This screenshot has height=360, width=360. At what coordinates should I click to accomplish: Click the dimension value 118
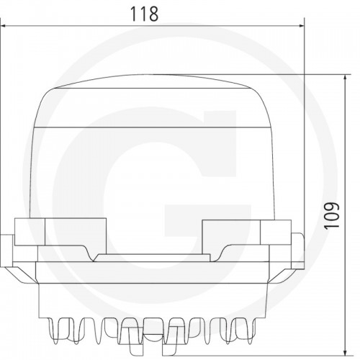coord(144,14)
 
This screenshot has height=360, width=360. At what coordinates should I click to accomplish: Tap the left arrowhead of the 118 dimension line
coord(3,26)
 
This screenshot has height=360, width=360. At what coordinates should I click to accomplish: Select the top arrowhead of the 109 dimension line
coord(345,78)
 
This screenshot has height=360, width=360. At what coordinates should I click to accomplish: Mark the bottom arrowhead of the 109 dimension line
coord(345,351)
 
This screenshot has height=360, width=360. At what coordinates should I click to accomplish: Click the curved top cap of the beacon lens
coord(153,81)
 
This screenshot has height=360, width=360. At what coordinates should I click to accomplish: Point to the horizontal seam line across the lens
coord(153,127)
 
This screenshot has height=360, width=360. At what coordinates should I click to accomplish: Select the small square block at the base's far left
coord(30,232)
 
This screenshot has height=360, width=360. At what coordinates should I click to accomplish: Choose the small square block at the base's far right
coord(276,232)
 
